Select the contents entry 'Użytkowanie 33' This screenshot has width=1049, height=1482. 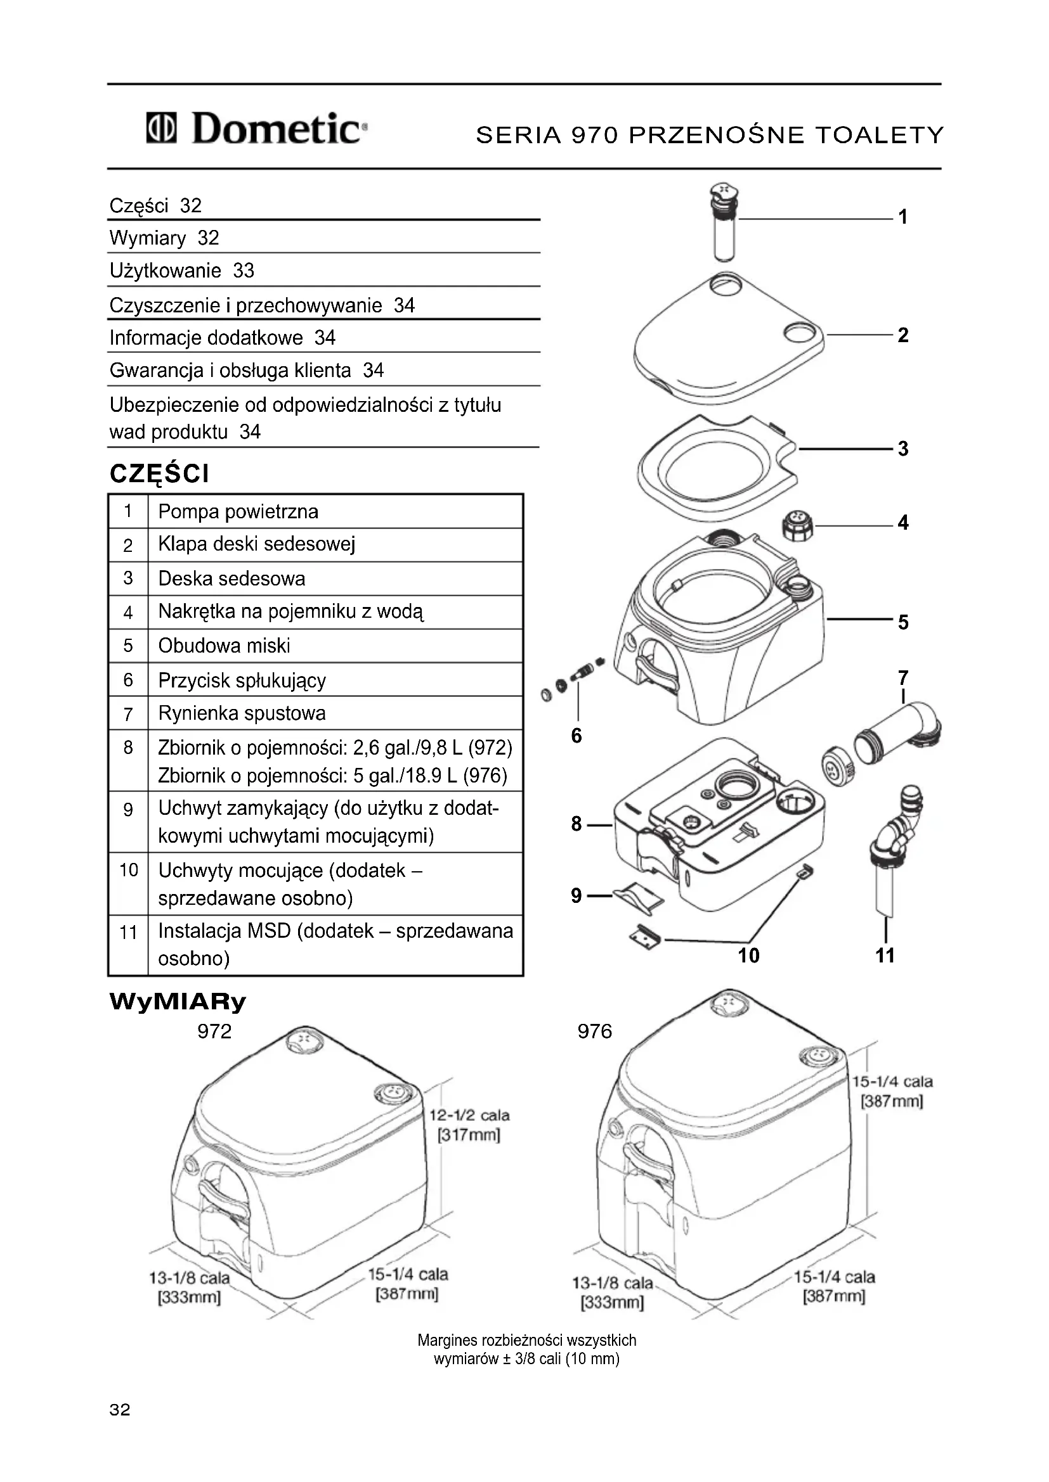(x=181, y=271)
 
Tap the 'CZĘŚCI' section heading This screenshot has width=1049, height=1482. (x=160, y=475)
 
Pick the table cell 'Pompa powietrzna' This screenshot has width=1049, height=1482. (x=238, y=512)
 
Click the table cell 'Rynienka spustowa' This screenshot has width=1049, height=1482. (x=242, y=713)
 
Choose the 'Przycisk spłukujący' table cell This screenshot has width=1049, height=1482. (x=242, y=680)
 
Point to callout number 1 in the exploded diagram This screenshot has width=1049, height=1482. (x=903, y=217)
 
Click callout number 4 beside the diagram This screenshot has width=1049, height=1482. (x=903, y=523)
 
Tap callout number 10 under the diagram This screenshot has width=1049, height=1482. (x=748, y=955)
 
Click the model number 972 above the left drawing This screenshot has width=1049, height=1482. (x=214, y=1032)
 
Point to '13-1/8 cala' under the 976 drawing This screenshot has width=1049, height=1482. (x=613, y=1283)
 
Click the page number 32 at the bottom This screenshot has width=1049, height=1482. (x=120, y=1409)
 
